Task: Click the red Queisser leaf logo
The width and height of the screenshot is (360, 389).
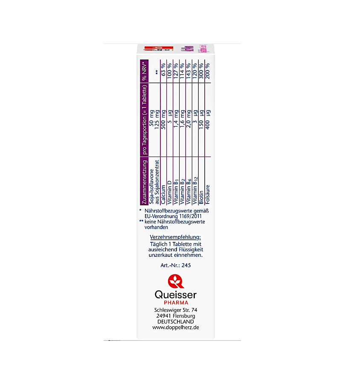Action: [176, 282]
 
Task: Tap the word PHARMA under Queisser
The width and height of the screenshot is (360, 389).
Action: [176, 303]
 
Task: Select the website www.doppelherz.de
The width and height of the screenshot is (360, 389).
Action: [176, 328]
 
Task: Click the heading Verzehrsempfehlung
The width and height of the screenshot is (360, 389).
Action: [175, 237]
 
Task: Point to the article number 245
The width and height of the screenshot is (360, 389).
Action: [186, 265]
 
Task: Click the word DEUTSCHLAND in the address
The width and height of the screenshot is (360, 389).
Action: [176, 322]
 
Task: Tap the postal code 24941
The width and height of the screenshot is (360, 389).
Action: [163, 316]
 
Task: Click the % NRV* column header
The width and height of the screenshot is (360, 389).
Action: [144, 71]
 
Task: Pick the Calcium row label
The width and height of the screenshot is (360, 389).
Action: [163, 194]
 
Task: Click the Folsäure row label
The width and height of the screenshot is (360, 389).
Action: [208, 194]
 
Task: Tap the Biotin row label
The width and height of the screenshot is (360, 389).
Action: [201, 197]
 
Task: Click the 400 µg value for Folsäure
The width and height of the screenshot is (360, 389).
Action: [208, 119]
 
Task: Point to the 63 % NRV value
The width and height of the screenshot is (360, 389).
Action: [163, 70]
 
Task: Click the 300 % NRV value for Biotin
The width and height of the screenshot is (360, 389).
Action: [201, 71]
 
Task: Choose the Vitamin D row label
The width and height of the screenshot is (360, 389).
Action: [169, 192]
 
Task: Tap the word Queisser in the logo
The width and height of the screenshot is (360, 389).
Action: [176, 295]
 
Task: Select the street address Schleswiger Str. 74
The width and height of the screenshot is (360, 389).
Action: [176, 310]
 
